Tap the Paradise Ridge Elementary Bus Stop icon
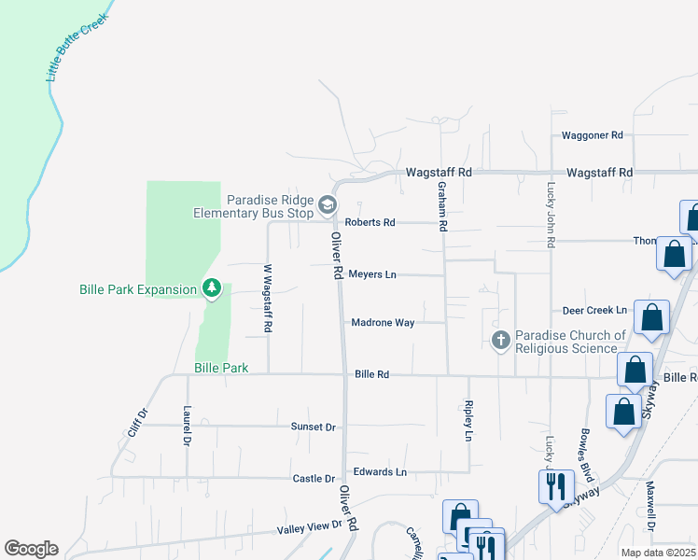327,203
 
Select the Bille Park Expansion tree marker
212,288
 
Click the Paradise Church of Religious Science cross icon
501,341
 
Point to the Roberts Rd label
370,222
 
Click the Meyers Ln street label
372,274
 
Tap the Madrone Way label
383,323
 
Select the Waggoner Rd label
592,135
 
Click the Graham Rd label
443,207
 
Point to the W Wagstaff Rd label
268,299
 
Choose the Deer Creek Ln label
594,310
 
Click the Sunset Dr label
312,426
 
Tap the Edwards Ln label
380,472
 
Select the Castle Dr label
314,479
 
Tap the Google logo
31,549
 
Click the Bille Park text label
221,368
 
